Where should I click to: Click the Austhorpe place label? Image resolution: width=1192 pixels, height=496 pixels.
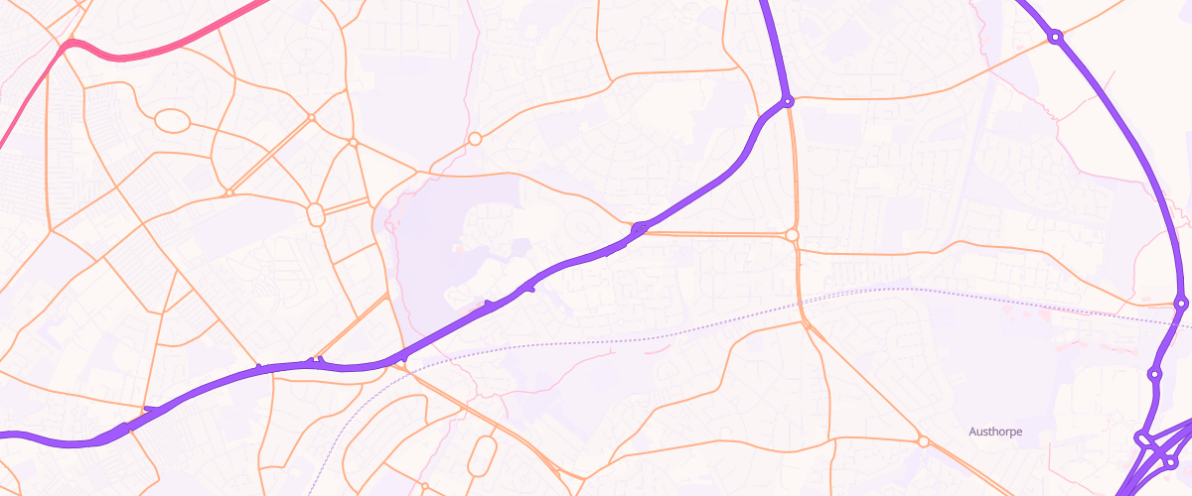(x=995, y=432)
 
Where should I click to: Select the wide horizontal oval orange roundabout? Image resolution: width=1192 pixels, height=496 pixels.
(x=172, y=121)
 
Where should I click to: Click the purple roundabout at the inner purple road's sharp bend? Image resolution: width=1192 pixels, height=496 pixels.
(x=787, y=101)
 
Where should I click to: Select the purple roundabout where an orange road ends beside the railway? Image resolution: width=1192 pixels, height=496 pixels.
(x=1180, y=303)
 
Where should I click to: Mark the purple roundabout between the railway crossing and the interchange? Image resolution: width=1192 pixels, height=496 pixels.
(x=1154, y=374)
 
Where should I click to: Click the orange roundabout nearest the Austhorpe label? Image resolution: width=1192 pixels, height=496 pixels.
(x=923, y=441)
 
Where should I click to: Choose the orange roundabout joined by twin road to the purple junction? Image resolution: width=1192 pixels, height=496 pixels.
(x=792, y=235)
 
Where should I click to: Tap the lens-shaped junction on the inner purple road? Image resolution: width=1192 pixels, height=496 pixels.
(x=640, y=229)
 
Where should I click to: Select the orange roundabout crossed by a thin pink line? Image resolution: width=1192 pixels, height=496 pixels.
(x=475, y=139)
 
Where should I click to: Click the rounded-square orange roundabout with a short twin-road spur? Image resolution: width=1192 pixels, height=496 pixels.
(x=317, y=213)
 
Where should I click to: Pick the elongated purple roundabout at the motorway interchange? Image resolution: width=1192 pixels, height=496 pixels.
(x=1143, y=438)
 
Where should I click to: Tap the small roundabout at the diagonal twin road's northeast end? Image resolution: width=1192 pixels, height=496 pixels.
(x=311, y=117)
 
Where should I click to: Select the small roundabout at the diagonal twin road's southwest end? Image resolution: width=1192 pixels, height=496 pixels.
(x=228, y=192)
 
